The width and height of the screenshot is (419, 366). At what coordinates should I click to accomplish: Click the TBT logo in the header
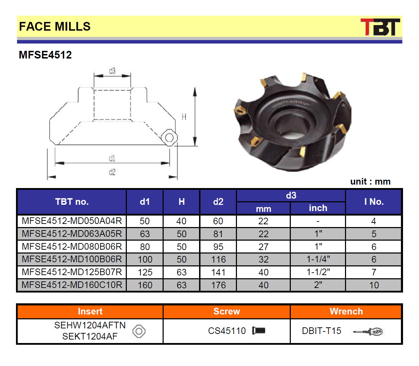point(380,27)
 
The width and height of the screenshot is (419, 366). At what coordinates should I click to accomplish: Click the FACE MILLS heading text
point(55,26)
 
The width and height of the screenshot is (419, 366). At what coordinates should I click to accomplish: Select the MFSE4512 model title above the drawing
point(45,55)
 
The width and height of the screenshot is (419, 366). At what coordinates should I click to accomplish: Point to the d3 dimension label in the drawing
point(112,71)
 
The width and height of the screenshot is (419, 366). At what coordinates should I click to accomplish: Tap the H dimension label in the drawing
point(184,117)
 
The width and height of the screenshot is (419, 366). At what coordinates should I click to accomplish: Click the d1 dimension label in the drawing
point(112,158)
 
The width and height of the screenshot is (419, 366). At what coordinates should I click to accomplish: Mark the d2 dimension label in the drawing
point(112,172)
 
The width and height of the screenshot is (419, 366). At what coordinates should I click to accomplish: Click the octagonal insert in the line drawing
point(169,138)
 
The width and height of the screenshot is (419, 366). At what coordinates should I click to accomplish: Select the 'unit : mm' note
point(370,181)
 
